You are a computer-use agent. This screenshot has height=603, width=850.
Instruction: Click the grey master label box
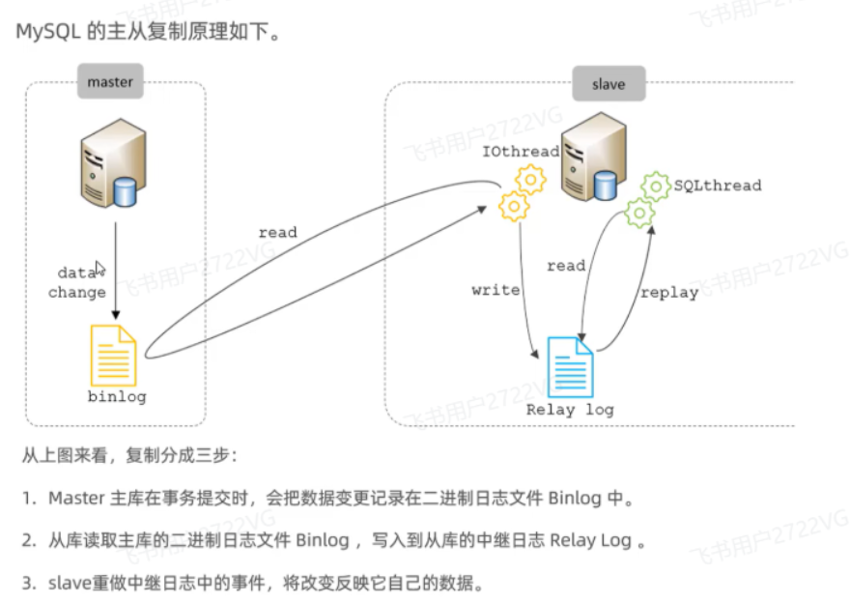click(x=110, y=82)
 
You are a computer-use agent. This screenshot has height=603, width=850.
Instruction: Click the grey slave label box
click(x=609, y=84)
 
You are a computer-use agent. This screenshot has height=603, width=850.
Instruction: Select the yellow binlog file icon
click(x=113, y=355)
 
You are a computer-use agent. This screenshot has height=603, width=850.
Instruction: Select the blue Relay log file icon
click(x=571, y=366)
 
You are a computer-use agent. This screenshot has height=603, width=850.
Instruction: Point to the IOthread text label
click(x=521, y=152)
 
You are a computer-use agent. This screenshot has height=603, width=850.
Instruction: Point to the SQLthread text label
click(x=718, y=185)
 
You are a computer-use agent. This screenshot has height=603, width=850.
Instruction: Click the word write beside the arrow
click(x=496, y=290)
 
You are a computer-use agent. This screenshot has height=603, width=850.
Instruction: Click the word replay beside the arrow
click(x=668, y=292)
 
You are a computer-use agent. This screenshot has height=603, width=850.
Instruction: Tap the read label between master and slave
click(x=277, y=232)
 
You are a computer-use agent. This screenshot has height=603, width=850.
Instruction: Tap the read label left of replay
click(x=566, y=266)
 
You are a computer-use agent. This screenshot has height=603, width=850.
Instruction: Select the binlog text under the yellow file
click(x=117, y=397)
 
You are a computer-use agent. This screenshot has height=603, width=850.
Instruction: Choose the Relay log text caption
click(x=570, y=410)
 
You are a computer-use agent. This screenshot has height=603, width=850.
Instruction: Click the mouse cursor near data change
click(x=99, y=269)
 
